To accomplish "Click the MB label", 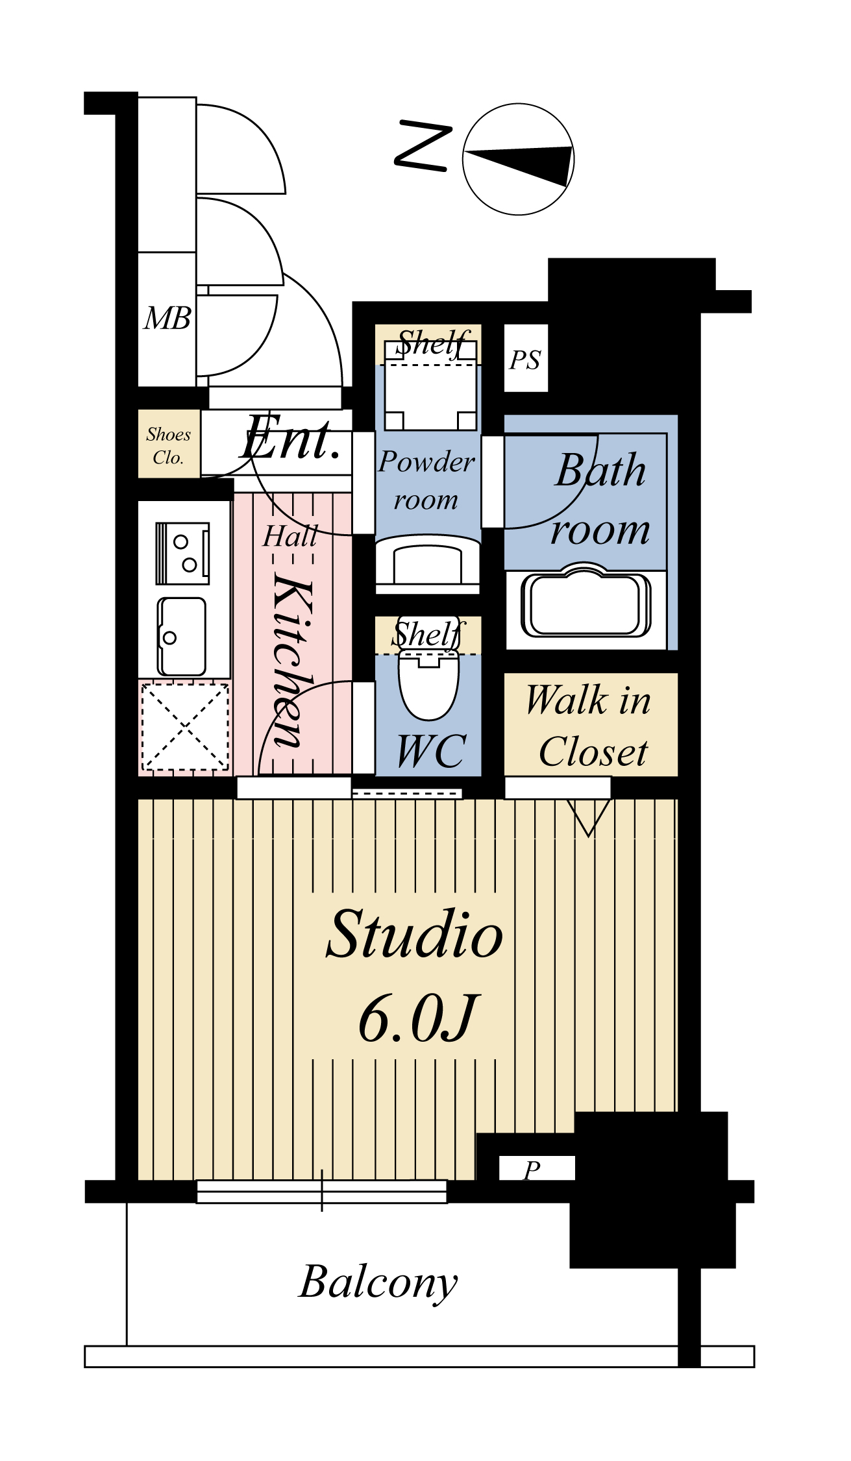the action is coord(167,319).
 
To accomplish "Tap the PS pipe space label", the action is coord(525,360).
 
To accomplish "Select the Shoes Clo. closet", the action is coord(169,444).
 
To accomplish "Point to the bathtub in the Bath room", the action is coord(586,605).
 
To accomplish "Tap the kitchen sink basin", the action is coord(182,637).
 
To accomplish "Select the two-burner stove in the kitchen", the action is coord(182,553).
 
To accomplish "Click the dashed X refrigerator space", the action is coord(186,726).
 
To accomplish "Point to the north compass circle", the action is coord(519,159).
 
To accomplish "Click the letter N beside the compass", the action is coord(423,146).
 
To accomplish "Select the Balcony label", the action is coord(378,1282).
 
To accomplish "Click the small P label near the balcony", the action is coord(532,1170).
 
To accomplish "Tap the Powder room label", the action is coord(426,480).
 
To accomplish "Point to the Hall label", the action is coord(290,536).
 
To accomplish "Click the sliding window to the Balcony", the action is coord(322,1192).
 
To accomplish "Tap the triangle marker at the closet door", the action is coord(589,817).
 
